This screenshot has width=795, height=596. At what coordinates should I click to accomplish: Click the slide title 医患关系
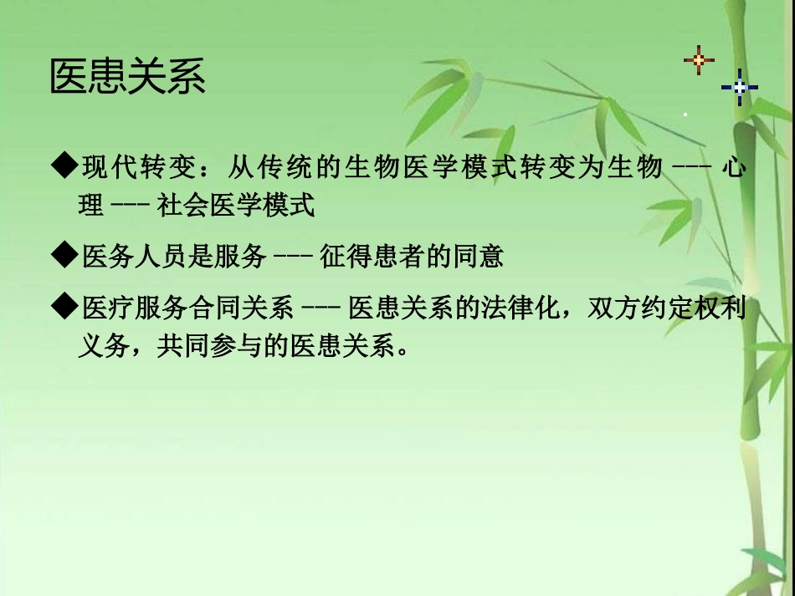pyautogui.click(x=128, y=78)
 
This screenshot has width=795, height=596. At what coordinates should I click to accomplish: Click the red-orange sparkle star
pyautogui.click(x=699, y=60)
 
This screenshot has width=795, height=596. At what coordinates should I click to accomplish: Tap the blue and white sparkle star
pyautogui.click(x=739, y=86)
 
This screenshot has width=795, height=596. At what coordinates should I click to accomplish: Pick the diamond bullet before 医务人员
pyautogui.click(x=64, y=256)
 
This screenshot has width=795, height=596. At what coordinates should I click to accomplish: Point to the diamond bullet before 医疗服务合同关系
pyautogui.click(x=64, y=308)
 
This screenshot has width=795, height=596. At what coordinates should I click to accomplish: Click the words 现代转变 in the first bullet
pyautogui.click(x=137, y=168)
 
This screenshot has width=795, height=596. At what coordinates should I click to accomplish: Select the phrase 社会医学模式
pyautogui.click(x=237, y=205)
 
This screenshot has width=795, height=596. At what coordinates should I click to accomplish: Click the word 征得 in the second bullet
pyautogui.click(x=341, y=257)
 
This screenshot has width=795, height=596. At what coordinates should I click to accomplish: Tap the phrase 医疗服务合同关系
pyautogui.click(x=187, y=308)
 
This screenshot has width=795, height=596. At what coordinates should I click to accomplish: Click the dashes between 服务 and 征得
pyautogui.click(x=293, y=257)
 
